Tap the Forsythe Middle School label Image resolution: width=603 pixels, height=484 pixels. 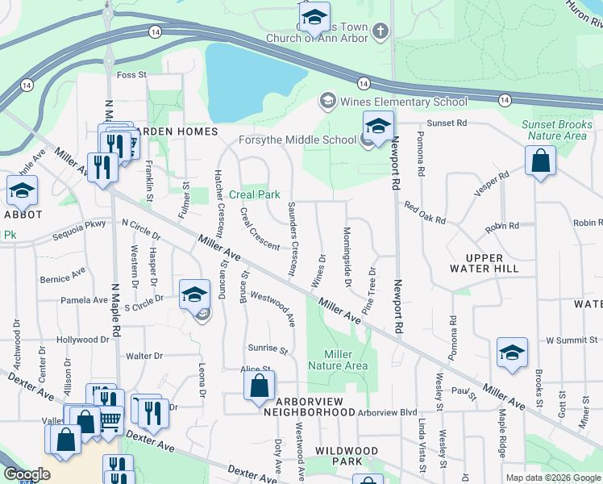point(297,140)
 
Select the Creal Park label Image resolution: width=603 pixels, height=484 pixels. point(254,194)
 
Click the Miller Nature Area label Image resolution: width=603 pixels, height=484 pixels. point(346,360)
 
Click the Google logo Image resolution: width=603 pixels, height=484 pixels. point(27,474)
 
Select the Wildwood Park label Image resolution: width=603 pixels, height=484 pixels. point(346,450)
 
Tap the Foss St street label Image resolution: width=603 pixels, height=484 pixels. point(131,75)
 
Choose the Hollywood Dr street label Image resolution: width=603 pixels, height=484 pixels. point(83,340)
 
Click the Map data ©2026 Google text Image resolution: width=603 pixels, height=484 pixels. point(552,478)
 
